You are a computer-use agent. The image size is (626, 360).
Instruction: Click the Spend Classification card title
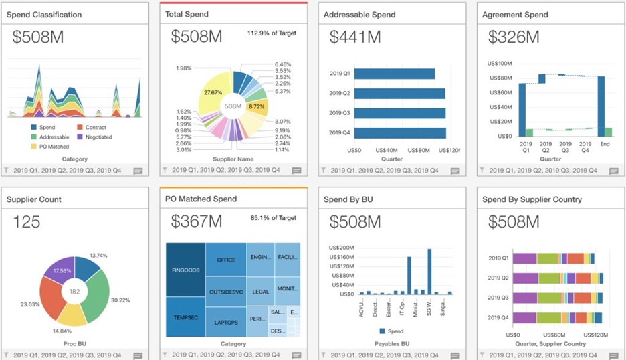tap(44, 15)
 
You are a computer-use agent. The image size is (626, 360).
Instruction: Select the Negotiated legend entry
tap(94, 137)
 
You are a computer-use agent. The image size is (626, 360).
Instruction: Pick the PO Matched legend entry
tap(54, 146)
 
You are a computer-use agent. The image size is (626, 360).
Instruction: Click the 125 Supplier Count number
tap(27, 221)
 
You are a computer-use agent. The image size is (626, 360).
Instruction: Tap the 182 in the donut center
tap(74, 291)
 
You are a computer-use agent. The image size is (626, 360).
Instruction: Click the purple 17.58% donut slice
tap(57, 271)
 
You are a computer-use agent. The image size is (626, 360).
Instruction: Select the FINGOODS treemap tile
tap(185, 271)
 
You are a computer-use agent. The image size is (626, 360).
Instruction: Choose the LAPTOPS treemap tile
tap(226, 321)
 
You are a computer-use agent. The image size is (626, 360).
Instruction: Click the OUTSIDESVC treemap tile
tap(226, 291)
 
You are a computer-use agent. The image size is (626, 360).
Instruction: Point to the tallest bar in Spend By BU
tap(429, 272)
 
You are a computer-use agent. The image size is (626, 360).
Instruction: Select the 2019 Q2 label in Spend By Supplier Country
tap(498, 278)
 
